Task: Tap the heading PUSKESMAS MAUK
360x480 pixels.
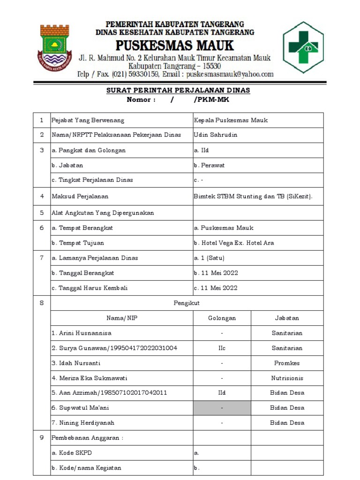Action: pos(175,45)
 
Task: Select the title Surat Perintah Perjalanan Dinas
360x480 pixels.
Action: pos(178,90)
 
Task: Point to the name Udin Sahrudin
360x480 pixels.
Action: pos(216,135)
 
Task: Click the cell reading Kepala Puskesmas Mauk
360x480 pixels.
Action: pos(231,120)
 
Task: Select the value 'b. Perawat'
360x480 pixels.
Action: pos(209,165)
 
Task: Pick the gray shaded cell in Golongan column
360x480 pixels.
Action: pos(222,408)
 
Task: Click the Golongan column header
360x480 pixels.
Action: pos(222,318)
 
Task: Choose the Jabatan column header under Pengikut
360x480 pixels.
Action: pos(287,318)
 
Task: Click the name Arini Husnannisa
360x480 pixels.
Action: pos(82,333)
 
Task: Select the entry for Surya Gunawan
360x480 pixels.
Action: pos(114,348)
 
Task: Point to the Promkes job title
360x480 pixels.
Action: pos(287,363)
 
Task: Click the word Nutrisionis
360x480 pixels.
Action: pos(287,378)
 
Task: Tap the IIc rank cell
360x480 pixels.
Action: pos(222,348)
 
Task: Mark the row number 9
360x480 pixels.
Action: pos(41,438)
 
